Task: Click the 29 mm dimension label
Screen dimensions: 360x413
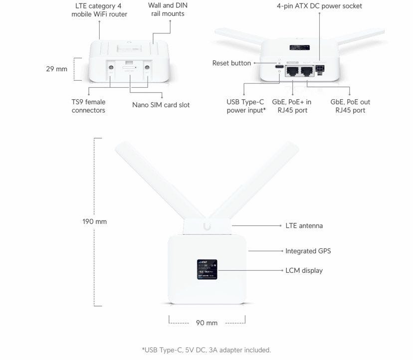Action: click(x=56, y=69)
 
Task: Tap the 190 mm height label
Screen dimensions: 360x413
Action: click(x=94, y=221)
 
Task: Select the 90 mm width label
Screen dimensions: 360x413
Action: click(x=206, y=323)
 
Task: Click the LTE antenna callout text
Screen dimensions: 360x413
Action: click(x=304, y=226)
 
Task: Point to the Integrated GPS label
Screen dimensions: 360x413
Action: click(x=308, y=251)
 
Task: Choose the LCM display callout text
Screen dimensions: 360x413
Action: click(x=304, y=270)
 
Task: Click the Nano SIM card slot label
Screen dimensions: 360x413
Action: click(x=161, y=105)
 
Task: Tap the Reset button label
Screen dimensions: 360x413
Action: click(x=231, y=63)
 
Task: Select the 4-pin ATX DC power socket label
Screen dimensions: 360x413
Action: click(x=319, y=6)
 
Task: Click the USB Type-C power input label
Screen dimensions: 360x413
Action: click(x=246, y=106)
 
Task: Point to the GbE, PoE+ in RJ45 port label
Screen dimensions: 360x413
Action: click(x=292, y=106)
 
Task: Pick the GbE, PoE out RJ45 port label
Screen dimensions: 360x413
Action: click(x=350, y=106)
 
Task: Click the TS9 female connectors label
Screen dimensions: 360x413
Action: click(x=88, y=106)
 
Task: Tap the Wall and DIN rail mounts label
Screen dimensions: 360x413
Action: click(x=168, y=9)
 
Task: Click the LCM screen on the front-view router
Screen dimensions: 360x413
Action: click(x=206, y=269)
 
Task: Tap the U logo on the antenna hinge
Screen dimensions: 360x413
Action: click(x=206, y=227)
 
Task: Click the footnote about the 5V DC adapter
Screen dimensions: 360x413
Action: click(x=206, y=350)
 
